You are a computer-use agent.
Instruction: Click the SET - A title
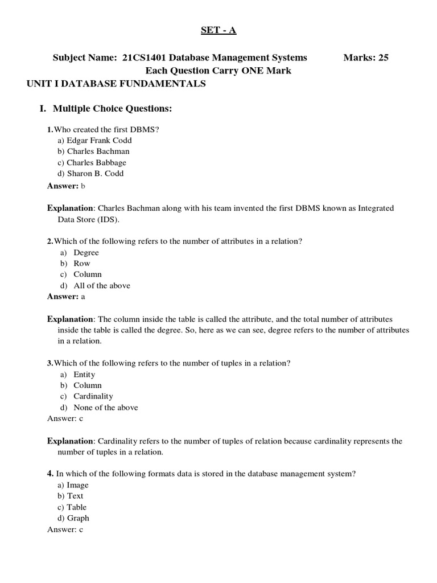(218, 30)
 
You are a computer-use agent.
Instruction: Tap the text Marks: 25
(366, 58)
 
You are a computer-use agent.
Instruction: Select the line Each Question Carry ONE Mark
(218, 71)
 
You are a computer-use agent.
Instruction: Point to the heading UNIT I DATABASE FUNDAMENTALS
(116, 84)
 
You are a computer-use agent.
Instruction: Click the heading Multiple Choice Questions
(112, 108)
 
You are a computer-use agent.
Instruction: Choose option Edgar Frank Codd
(99, 140)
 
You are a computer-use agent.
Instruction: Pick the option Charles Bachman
(98, 151)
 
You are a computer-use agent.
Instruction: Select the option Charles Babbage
(96, 162)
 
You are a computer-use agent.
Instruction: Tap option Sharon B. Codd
(95, 174)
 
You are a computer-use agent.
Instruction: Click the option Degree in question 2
(86, 252)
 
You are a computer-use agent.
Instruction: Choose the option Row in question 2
(81, 264)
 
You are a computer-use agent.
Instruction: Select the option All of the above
(102, 286)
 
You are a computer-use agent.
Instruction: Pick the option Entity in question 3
(84, 374)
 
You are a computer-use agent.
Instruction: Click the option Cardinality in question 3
(93, 396)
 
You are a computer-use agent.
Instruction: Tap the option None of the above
(106, 408)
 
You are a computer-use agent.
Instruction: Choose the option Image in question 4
(77, 485)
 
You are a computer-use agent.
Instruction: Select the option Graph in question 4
(78, 518)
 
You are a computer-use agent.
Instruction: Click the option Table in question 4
(77, 507)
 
